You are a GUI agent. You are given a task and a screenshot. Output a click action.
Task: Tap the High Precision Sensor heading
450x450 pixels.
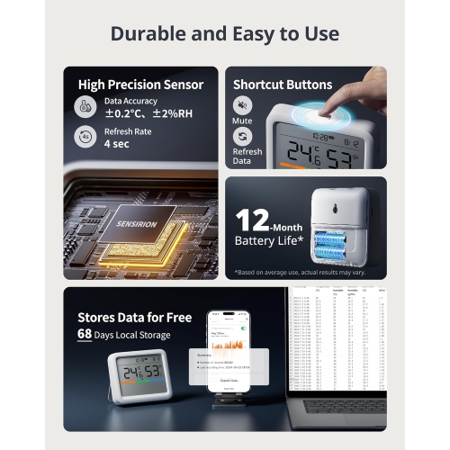[x=140, y=85]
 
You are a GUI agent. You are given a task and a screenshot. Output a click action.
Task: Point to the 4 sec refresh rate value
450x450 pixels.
[x=117, y=143]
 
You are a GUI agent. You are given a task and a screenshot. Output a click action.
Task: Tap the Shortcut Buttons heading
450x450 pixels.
[x=283, y=85]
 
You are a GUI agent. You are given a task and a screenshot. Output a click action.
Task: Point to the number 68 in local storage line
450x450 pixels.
[x=85, y=334]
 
